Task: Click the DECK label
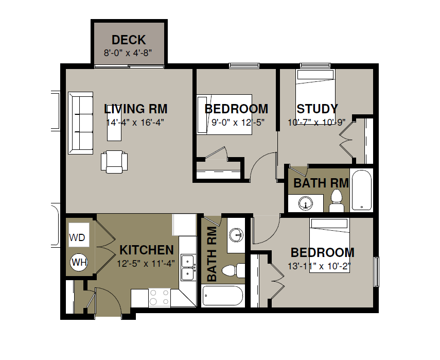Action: point(129,40)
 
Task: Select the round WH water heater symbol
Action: point(79,262)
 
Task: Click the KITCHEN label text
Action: point(147,250)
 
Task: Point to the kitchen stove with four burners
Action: point(159,298)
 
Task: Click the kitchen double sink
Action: point(188,267)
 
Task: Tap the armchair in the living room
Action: point(114,162)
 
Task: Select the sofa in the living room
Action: point(80,123)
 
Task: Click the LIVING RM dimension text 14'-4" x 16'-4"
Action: point(135,123)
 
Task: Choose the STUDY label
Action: point(318,109)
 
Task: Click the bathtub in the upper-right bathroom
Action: point(361,190)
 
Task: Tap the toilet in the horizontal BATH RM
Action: point(337,201)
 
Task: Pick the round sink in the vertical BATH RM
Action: point(236,235)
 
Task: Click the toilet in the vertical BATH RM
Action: point(234,271)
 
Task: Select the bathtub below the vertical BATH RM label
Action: point(223,296)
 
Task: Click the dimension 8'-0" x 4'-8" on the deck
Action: point(128,53)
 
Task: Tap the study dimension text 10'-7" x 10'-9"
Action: point(316,123)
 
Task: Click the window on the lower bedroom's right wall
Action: point(376,272)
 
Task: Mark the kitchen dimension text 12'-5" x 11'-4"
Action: point(146,264)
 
